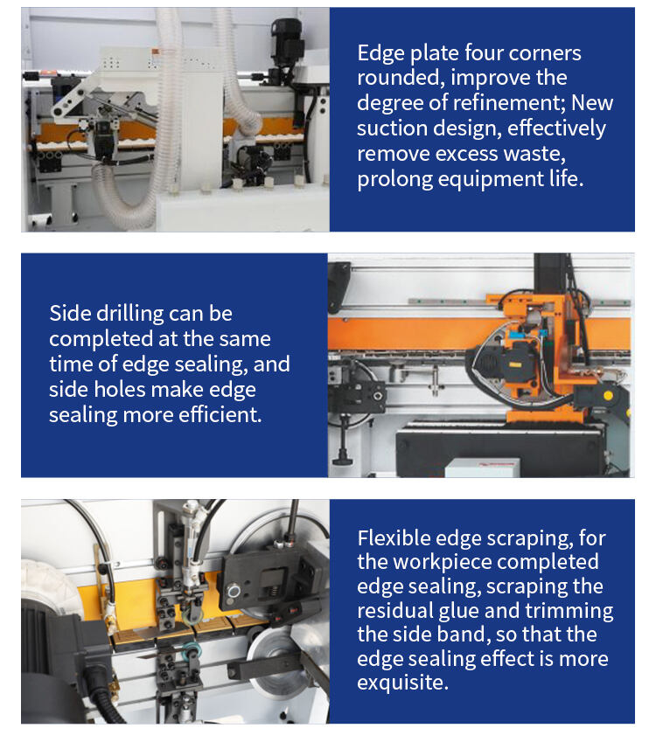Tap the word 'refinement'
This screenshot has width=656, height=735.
pyautogui.click(x=509, y=103)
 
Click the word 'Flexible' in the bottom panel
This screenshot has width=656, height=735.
pyautogui.click(x=394, y=538)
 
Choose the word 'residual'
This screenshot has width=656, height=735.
pyautogui.click(x=394, y=611)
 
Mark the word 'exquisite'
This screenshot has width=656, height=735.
pyautogui.click(x=402, y=683)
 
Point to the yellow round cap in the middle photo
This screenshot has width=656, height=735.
pyautogui.click(x=608, y=395)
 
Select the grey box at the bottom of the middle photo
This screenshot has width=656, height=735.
pyautogui.click(x=482, y=468)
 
